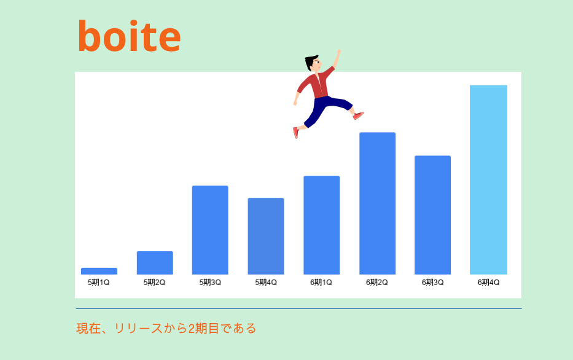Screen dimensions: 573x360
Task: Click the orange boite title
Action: coord(130,36)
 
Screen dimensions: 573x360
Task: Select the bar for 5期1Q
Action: coord(99,271)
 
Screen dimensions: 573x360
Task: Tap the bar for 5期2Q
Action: coord(155,263)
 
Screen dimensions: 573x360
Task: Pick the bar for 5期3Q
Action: coord(210,230)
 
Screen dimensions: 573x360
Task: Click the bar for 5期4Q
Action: coord(266,236)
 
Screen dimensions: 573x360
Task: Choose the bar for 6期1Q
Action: coord(322,225)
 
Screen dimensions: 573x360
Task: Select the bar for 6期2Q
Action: coord(378,203)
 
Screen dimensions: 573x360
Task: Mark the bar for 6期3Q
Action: coord(433,215)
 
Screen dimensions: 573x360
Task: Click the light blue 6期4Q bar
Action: coord(489,180)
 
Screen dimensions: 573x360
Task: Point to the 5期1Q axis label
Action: coord(99,282)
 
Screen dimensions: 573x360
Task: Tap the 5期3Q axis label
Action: coord(210,282)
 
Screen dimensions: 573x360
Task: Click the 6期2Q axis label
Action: coord(377,282)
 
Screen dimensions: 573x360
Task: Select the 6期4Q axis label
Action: coord(489,282)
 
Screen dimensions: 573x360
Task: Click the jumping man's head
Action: coord(313,63)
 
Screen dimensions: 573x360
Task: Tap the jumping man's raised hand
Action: coord(339,53)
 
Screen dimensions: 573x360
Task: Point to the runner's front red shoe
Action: coord(358,115)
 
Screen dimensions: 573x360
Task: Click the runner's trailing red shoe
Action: coord(295,133)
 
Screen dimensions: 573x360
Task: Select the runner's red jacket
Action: coord(316,84)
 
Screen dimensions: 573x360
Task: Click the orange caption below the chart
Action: coord(166,328)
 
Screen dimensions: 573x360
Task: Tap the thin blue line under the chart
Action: coord(299,308)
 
